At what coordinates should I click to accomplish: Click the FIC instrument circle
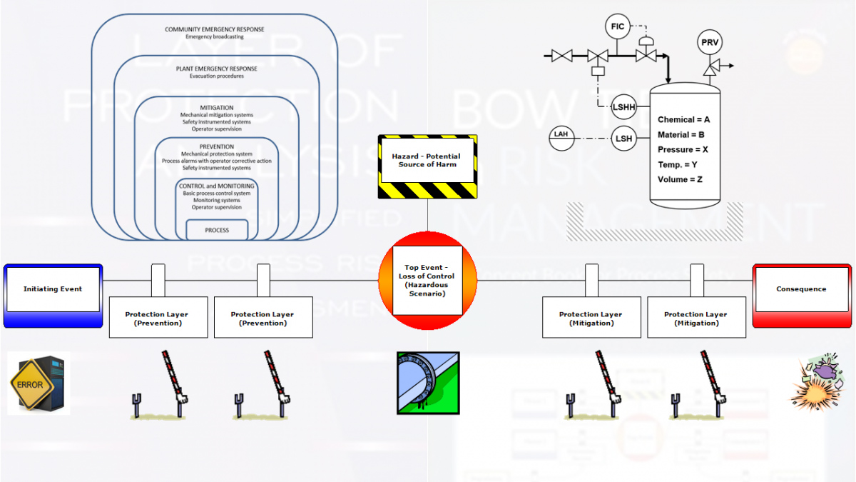click(x=618, y=26)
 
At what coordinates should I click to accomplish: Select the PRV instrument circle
click(x=710, y=43)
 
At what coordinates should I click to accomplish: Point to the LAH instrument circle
click(x=561, y=134)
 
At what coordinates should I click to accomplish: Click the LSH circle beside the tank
click(x=623, y=139)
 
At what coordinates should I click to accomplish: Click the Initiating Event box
click(x=53, y=289)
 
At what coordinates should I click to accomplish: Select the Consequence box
click(x=801, y=289)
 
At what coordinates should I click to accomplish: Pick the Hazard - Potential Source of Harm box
click(x=427, y=161)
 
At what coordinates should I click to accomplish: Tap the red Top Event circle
click(x=427, y=280)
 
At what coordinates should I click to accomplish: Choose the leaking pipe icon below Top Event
click(x=428, y=383)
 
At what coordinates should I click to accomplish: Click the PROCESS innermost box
click(x=217, y=230)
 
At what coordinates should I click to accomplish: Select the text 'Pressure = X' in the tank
click(x=683, y=150)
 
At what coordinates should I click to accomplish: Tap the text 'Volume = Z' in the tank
click(x=680, y=179)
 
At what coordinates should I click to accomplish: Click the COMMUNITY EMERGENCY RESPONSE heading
click(x=214, y=29)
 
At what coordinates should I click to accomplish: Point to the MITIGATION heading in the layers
click(x=216, y=107)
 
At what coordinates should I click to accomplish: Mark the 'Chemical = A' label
click(x=683, y=120)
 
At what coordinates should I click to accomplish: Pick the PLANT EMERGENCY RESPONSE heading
click(x=216, y=69)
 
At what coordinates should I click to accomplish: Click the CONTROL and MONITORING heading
click(x=217, y=186)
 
